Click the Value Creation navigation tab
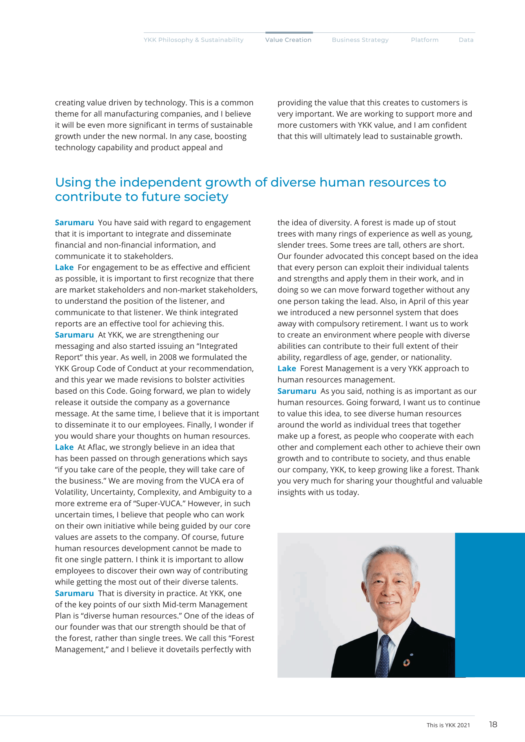pos(288,40)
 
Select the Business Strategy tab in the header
pos(360,40)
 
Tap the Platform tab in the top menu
pos(424,40)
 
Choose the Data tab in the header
pos(466,40)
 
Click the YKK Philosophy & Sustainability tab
pos(193,40)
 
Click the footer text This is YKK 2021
pos(448,725)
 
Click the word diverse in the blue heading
pos(293,182)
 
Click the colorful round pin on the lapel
pos(406,663)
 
